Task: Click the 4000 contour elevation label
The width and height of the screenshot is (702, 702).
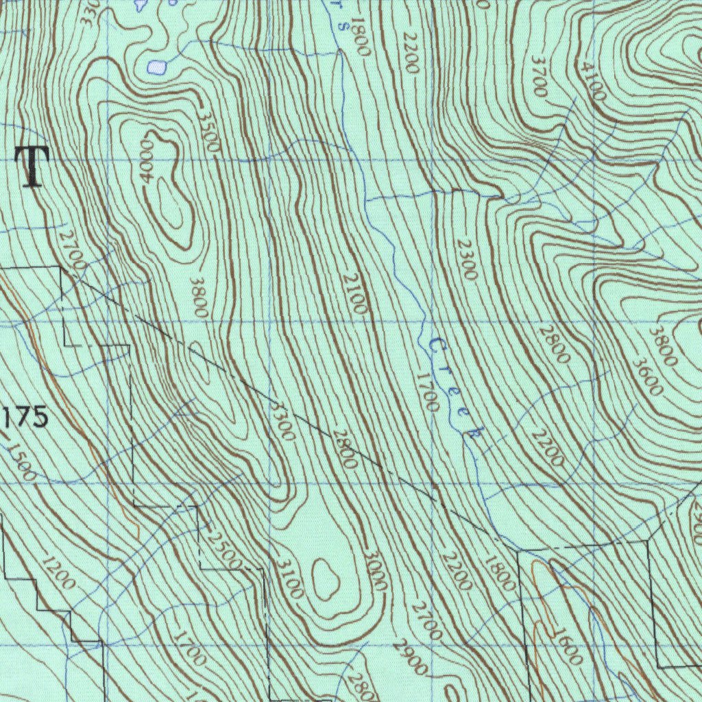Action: (x=146, y=161)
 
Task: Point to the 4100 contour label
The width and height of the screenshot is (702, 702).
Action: (x=591, y=81)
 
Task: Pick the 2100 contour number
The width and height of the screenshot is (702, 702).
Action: (x=354, y=293)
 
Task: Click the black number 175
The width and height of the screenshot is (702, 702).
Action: (x=26, y=417)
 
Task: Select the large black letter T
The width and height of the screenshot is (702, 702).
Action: (x=32, y=167)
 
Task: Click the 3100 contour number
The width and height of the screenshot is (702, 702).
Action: (x=289, y=578)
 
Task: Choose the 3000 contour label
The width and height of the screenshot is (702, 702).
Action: (x=374, y=570)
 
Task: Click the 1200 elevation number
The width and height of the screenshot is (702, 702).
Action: (x=58, y=574)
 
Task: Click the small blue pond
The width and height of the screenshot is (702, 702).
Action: (x=157, y=67)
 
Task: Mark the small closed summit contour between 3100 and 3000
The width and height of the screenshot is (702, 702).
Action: (x=325, y=578)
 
